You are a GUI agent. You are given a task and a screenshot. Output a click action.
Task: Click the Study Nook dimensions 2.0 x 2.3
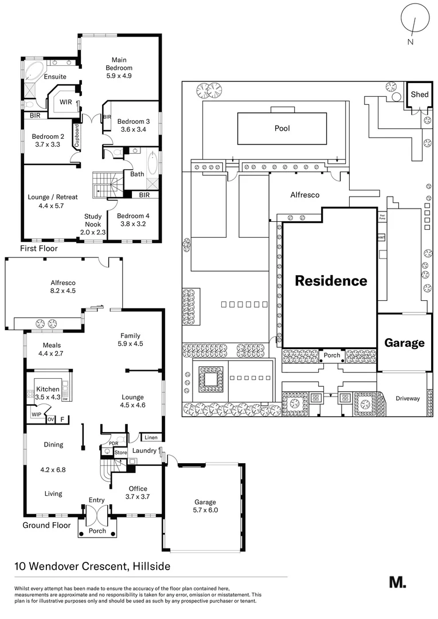93,232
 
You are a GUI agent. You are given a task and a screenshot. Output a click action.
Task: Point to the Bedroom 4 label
133,216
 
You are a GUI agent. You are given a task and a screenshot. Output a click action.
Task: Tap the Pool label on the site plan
281,128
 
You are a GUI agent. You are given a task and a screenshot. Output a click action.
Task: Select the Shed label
420,95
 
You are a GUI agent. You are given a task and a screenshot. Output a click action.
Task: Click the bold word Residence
330,281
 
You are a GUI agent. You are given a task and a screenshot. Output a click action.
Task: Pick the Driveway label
408,398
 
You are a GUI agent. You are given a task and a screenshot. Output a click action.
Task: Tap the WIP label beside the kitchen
36,413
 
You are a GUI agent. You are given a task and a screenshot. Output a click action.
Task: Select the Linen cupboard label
151,438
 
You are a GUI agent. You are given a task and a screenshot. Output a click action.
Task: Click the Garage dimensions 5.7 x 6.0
206,510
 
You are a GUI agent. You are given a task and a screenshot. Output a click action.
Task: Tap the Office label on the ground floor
138,488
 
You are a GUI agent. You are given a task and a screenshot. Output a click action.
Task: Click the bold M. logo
397,582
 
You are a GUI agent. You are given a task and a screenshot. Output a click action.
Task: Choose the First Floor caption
38,249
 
